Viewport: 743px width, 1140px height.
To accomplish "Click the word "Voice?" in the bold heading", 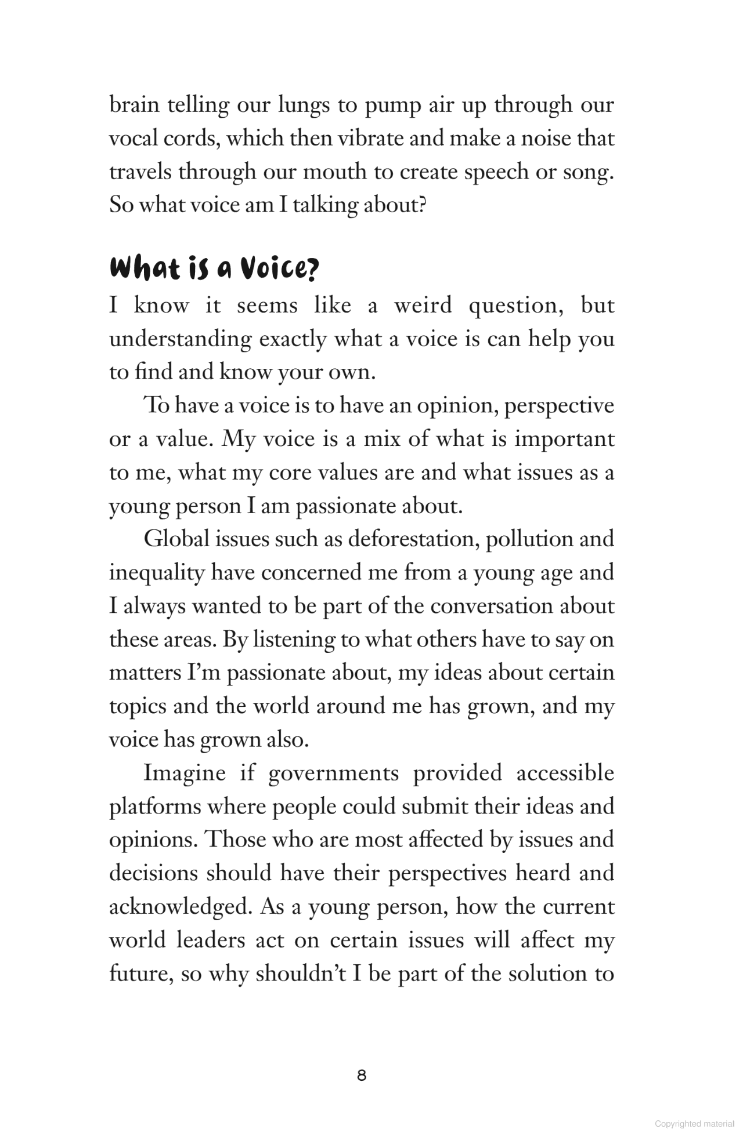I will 280,269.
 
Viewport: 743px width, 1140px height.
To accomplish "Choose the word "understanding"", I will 180,339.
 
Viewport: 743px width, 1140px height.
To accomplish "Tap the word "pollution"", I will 525,539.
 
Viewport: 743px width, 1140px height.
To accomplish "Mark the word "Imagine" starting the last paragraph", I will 184,773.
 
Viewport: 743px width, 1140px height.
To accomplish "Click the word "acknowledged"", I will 179,906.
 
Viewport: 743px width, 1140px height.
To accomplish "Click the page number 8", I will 362,1076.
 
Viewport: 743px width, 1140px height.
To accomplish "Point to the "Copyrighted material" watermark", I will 694,1124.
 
